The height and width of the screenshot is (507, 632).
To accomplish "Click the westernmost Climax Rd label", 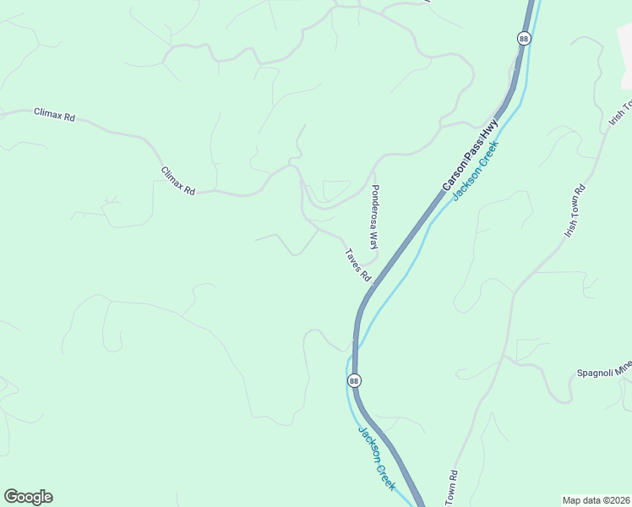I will [x=54, y=114].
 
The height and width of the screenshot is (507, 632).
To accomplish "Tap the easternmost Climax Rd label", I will [x=178, y=181].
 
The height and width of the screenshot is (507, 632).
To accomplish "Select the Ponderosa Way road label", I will [x=374, y=216].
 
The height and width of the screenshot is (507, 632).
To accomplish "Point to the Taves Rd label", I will [x=357, y=264].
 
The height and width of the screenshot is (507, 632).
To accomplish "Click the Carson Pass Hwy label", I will [x=470, y=155].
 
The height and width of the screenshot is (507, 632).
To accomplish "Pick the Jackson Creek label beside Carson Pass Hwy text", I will [x=476, y=171].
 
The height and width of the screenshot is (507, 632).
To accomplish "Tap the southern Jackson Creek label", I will [x=377, y=458].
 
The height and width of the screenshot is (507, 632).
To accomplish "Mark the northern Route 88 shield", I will [x=524, y=39].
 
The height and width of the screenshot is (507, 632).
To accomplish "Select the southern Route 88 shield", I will [x=353, y=381].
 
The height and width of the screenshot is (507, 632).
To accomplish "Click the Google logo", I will [x=28, y=497].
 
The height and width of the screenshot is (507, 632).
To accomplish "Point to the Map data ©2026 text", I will [x=596, y=500].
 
